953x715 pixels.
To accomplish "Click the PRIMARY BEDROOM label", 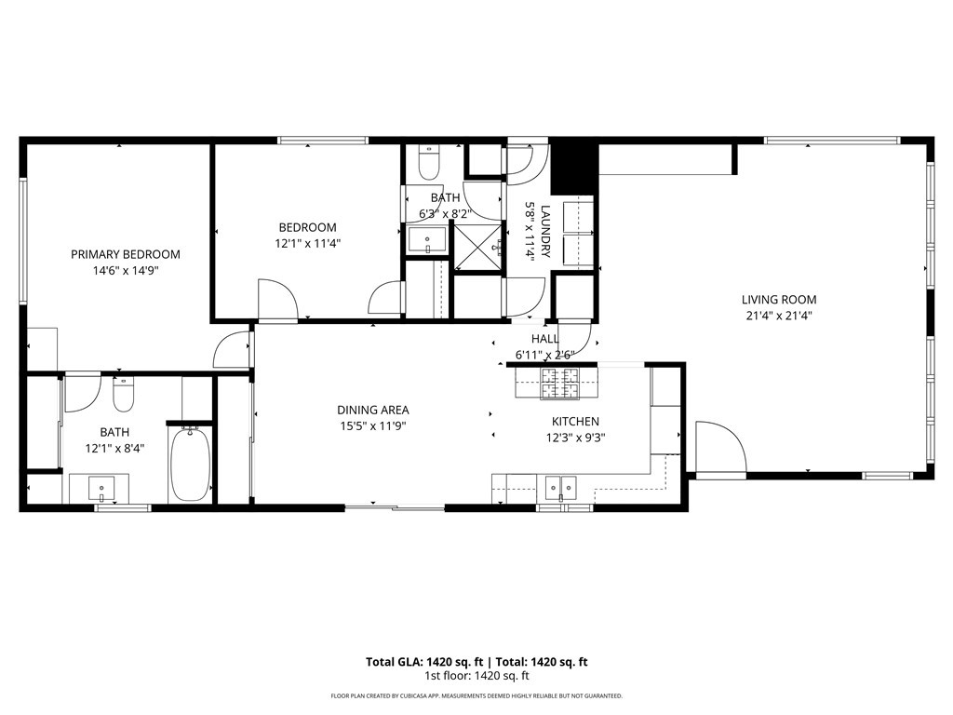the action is point(126,254).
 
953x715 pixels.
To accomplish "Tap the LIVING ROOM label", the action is point(779,299).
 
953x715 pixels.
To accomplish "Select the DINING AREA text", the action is point(372,410).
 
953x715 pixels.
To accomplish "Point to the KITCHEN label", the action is point(575,421).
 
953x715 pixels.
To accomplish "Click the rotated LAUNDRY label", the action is point(544,231).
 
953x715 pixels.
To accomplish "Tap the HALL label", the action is point(544,339).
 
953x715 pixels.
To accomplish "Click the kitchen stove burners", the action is point(559,383).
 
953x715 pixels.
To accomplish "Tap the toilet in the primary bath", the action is point(124,394).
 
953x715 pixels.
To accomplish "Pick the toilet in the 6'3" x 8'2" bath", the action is point(429,162).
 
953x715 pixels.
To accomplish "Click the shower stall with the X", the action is point(477,247).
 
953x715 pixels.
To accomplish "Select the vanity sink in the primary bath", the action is point(101,489).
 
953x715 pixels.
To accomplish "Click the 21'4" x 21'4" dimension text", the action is point(779,316).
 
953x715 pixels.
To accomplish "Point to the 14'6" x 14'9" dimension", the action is point(126,271).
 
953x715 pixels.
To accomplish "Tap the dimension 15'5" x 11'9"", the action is point(372,426).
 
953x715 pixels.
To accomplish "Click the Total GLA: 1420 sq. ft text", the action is point(424,662).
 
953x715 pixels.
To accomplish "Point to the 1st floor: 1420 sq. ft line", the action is point(476,676).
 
